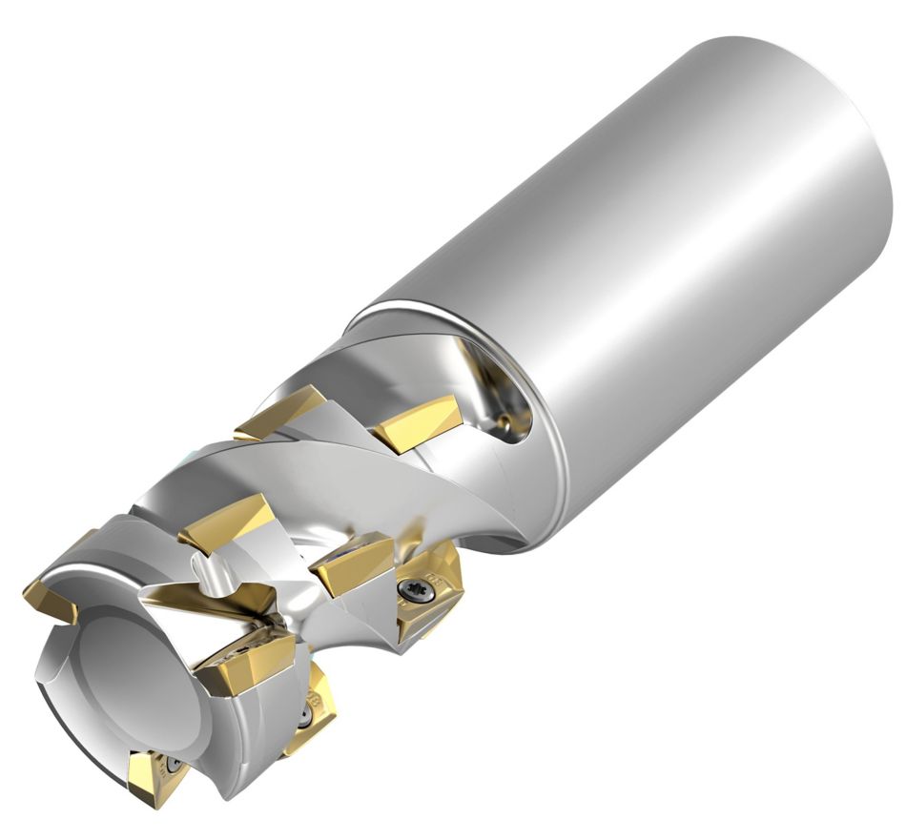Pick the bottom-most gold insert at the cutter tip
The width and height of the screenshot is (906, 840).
tap(161, 776)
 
